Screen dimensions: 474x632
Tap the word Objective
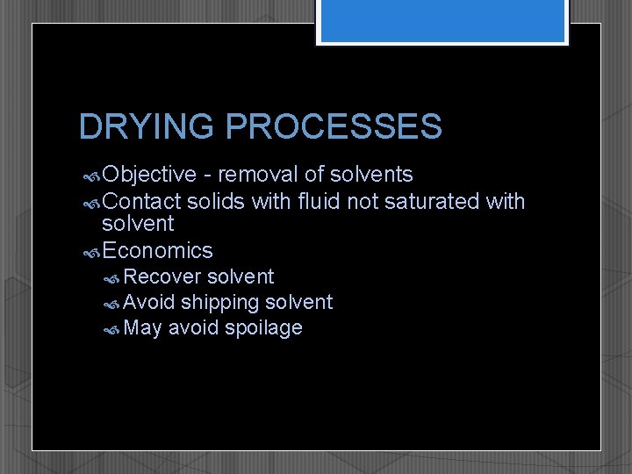(149, 176)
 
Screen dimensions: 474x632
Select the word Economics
(157, 251)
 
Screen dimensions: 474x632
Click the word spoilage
(263, 328)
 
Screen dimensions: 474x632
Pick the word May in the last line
(142, 328)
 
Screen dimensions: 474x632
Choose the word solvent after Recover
(241, 277)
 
